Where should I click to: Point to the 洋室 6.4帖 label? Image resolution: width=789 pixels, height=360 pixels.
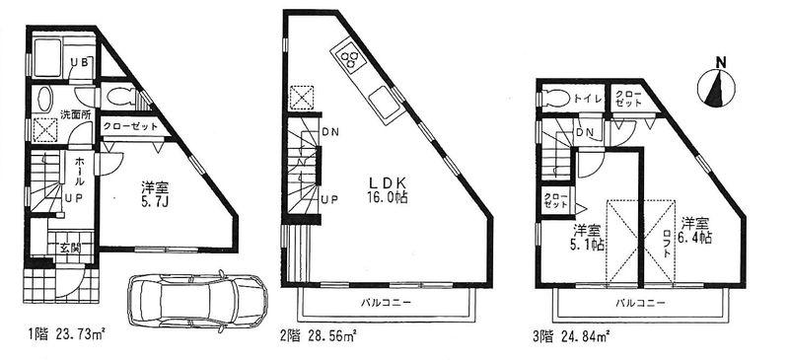click(695, 229)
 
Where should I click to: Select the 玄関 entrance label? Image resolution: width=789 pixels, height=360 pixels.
click(70, 247)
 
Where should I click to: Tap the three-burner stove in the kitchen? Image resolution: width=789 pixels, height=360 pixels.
click(349, 61)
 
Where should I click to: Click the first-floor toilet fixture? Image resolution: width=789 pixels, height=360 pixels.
click(120, 97)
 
